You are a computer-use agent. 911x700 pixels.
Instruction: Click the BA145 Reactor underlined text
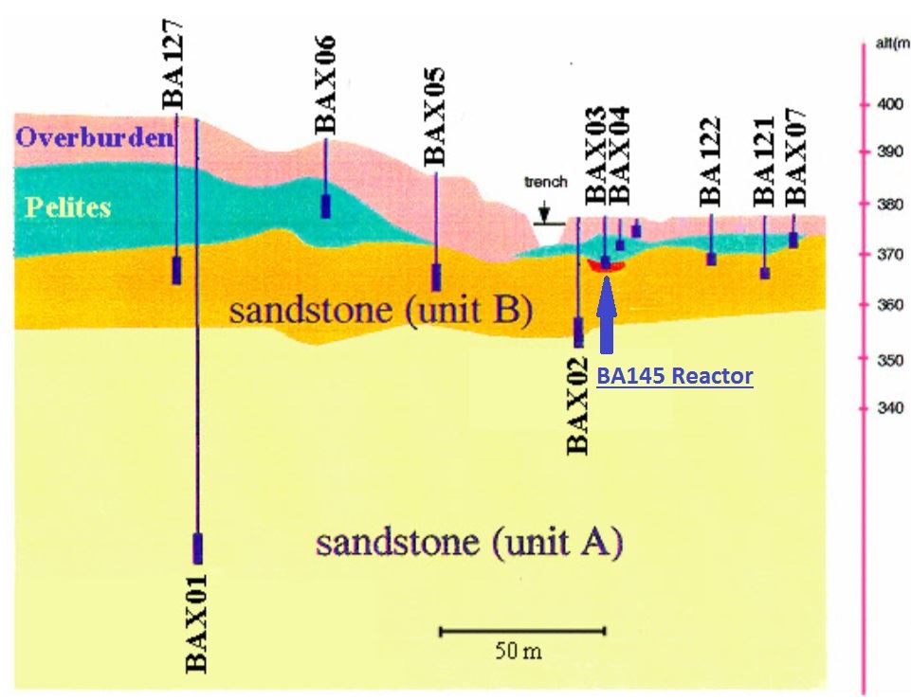click(675, 376)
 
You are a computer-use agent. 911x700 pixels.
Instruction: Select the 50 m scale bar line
click(522, 629)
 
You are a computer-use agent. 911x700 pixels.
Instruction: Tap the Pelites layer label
click(69, 206)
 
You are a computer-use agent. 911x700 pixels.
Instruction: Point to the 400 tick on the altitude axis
click(864, 103)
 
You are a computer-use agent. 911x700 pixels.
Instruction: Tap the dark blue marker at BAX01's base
click(197, 547)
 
